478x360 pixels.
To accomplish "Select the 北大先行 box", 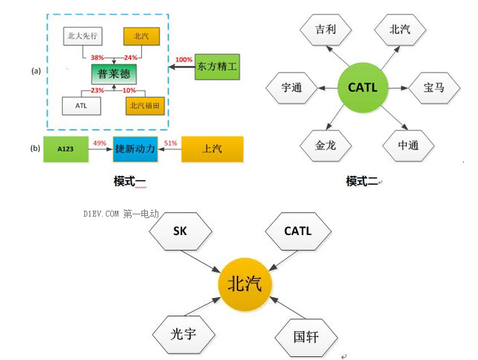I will [x=82, y=35].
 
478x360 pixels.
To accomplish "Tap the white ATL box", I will [x=82, y=106].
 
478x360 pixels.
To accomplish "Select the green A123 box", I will [x=66, y=149].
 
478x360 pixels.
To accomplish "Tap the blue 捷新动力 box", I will [x=135, y=149].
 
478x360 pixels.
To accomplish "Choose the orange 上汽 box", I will [x=212, y=149].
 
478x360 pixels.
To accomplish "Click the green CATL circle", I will [x=362, y=87].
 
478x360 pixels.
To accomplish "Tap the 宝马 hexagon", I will [x=434, y=87].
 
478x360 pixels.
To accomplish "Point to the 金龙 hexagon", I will [x=326, y=145].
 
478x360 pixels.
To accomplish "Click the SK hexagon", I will [x=180, y=231].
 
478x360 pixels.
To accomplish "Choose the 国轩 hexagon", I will [x=306, y=338].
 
